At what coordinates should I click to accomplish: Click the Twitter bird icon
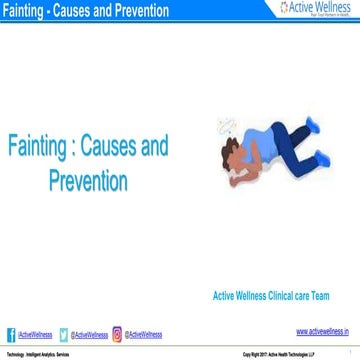(65, 334)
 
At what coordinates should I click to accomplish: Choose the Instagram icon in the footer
(117, 334)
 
